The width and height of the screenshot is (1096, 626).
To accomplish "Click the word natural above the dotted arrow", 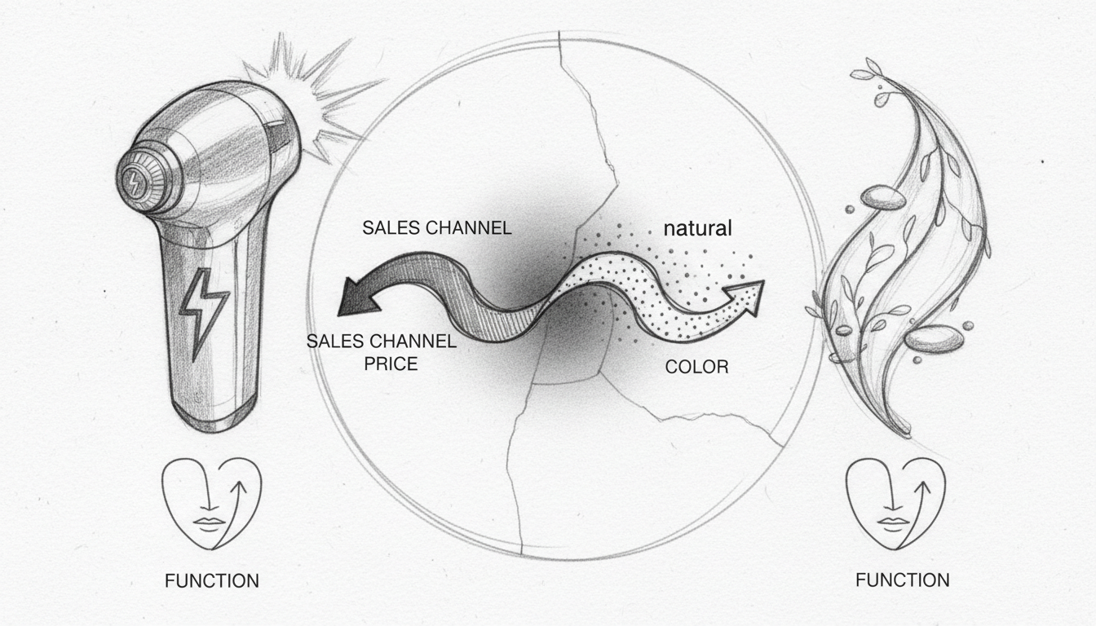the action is coord(697,228).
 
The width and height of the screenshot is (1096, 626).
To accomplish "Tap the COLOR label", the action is coord(696,367).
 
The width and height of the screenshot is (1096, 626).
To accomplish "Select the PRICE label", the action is coord(391,364).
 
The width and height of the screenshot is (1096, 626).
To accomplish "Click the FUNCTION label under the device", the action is coord(212,581).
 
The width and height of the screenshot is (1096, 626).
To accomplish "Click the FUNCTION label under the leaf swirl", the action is coord(903,580).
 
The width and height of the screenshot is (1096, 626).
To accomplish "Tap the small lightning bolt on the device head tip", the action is coord(132,182).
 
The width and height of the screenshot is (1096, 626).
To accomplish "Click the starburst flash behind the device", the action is coord(313,98).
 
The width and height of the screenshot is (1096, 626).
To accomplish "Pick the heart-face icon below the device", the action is coord(212,504).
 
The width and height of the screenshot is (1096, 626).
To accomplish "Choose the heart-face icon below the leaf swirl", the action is coord(896,504).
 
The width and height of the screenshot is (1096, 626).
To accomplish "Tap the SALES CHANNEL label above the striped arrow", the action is coord(437,228).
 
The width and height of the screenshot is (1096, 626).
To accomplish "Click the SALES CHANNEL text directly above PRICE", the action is coord(382,341).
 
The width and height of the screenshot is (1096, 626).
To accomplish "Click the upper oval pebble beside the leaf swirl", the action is coord(882,196).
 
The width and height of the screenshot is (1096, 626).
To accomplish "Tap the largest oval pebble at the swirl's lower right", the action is coord(934,338).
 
